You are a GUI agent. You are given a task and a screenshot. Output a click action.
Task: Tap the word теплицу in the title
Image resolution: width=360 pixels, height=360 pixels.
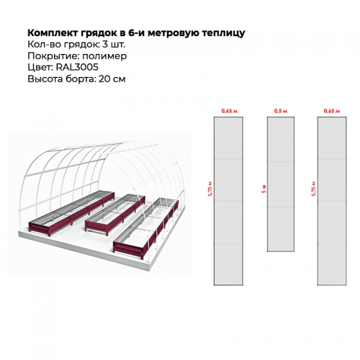(x=223, y=33)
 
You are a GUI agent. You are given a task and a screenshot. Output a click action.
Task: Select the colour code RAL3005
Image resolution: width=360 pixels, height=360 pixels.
(x=77, y=67)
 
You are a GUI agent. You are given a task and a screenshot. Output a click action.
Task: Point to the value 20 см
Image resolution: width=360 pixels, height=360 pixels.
(x=112, y=78)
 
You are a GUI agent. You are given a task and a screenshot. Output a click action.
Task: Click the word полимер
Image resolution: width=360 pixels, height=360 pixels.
(x=104, y=56)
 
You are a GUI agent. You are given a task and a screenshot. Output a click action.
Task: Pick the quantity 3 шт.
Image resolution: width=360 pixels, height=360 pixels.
(x=114, y=45)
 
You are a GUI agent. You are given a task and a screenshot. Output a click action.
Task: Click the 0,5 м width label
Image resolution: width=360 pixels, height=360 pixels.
(x=281, y=111)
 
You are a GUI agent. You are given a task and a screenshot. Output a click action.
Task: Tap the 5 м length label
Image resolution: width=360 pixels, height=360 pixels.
(x=264, y=189)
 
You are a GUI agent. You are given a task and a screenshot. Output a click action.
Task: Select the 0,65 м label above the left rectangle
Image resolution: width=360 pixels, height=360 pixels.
(x=230, y=111)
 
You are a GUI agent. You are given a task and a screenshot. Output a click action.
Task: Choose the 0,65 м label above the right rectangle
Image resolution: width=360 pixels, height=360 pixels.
(x=332, y=111)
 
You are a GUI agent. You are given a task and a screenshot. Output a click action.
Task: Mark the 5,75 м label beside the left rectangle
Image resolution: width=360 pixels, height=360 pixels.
(x=210, y=189)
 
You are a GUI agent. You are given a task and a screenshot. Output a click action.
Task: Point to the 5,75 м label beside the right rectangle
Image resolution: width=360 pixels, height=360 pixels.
(x=314, y=189)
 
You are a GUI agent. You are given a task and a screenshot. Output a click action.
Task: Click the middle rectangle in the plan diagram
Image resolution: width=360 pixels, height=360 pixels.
(x=281, y=184)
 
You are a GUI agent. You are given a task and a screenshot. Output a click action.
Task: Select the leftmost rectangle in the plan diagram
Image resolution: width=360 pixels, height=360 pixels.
(x=228, y=201)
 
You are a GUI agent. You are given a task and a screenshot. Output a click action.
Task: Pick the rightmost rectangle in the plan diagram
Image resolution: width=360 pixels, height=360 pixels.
(x=332, y=201)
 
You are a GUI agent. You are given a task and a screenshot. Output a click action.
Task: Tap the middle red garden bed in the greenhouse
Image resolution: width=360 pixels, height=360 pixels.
(x=115, y=212)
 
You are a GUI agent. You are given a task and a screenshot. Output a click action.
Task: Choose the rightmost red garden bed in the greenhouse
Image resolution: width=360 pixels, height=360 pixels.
(x=146, y=228)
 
